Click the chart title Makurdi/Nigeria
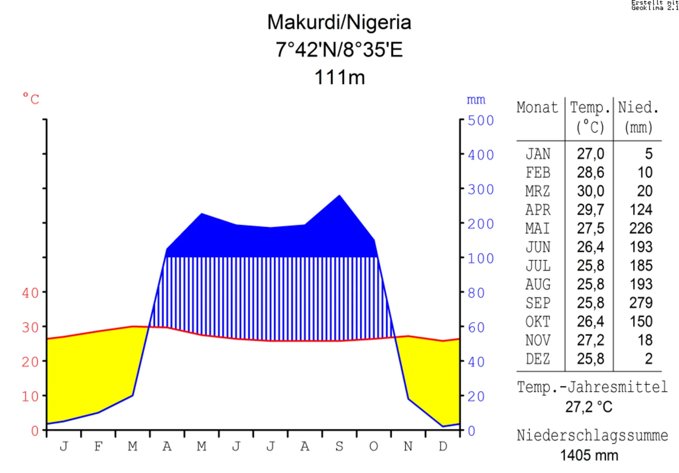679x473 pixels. tap(339, 23)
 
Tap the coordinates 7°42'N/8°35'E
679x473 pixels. tap(339, 50)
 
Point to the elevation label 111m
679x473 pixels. tap(339, 77)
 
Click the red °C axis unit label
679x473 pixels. tap(31, 99)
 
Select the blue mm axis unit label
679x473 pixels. tap(476, 100)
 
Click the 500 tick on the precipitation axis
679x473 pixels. tap(481, 121)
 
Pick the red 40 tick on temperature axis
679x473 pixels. tap(30, 293)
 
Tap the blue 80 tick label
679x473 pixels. tap(476, 293)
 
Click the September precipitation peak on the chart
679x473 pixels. tap(339, 196)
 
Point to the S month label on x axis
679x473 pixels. tap(339, 446)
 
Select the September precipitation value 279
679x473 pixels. tap(641, 303)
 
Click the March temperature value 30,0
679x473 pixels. tap(590, 191)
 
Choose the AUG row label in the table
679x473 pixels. tap(538, 284)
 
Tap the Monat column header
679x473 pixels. tap(537, 107)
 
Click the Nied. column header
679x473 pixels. tap(638, 107)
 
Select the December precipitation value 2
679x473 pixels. tap(648, 359)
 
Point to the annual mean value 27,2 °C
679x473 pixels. tap(589, 407)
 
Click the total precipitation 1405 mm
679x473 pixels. tap(589, 455)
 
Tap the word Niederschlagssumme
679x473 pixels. tap(592, 435)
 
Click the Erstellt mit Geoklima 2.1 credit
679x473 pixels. tap(655, 5)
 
